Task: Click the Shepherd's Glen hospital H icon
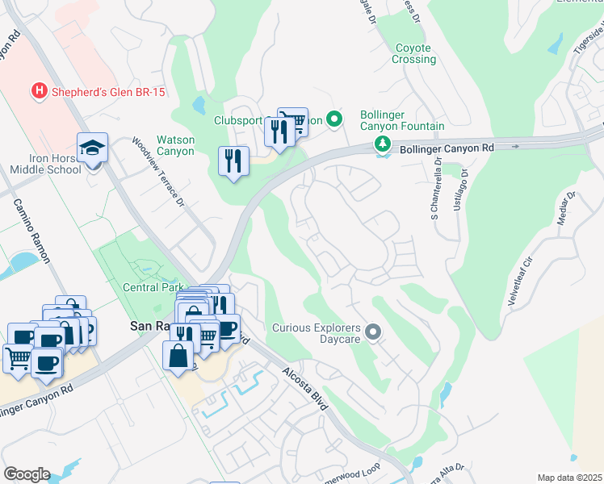37,92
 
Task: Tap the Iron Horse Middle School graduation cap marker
91,148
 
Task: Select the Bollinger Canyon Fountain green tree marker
382,144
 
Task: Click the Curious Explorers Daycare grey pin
372,332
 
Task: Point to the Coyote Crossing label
413,54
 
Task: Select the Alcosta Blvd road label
305,389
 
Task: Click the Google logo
27,474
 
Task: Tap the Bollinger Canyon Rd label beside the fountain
448,147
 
